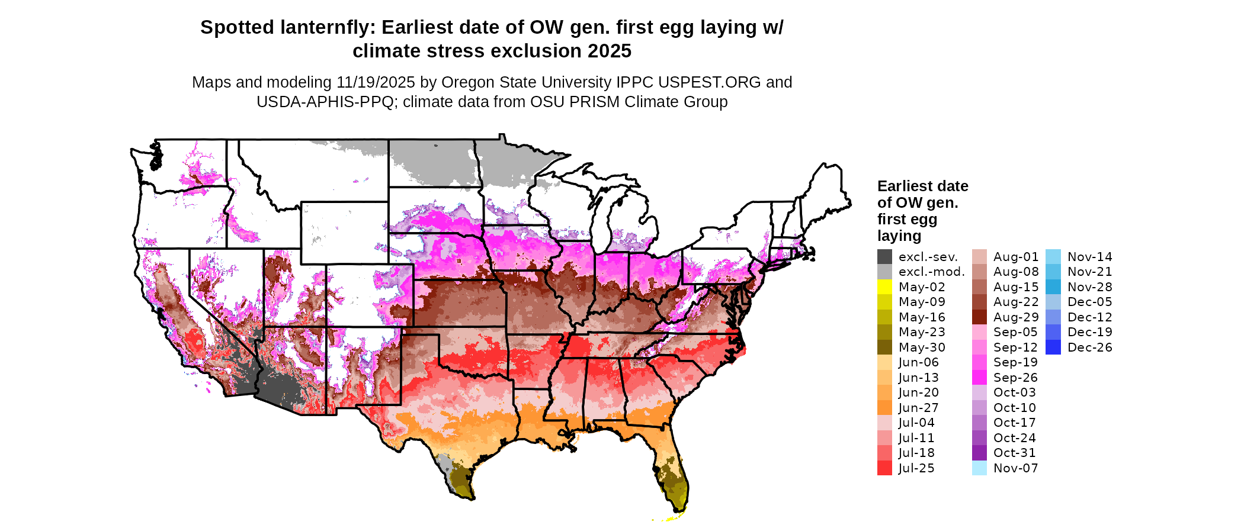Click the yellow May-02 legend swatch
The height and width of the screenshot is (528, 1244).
click(x=884, y=287)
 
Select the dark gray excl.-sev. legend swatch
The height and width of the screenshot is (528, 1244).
click(x=884, y=257)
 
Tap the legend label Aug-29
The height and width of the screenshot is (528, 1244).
click(x=1016, y=317)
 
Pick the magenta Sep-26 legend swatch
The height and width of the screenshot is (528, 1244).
click(x=980, y=378)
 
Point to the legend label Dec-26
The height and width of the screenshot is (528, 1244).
click(x=1089, y=347)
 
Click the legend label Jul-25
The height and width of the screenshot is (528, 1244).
click(x=916, y=468)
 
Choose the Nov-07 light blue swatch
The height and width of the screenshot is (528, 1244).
click(x=980, y=468)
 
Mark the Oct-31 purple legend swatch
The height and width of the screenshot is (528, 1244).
click(x=980, y=453)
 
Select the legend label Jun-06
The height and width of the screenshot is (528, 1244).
click(x=918, y=362)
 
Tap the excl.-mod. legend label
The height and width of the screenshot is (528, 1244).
click(x=931, y=272)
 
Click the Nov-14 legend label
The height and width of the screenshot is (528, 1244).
click(x=1089, y=257)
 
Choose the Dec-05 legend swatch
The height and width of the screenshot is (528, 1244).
click(x=1053, y=302)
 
